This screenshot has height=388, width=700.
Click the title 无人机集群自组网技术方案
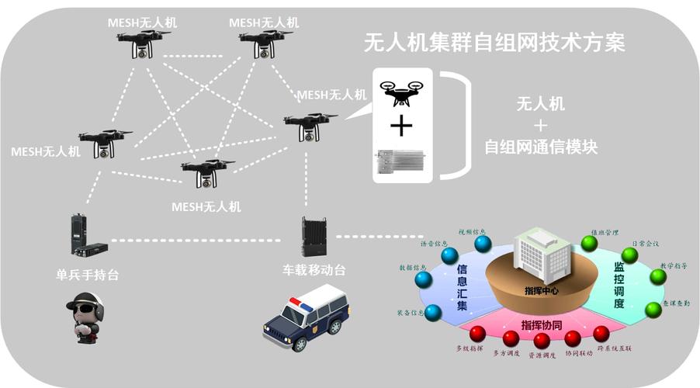pyautogui.click(x=494, y=43)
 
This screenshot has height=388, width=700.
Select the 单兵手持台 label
pyautogui.click(x=88, y=274)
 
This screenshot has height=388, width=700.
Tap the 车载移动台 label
pyautogui.click(x=314, y=270)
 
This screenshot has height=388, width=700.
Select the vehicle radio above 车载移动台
pyautogui.click(x=313, y=237)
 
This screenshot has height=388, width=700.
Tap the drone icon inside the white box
pyautogui.click(x=401, y=92)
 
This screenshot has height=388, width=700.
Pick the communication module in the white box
pyautogui.click(x=401, y=161)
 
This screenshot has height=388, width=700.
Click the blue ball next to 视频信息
pyautogui.click(x=483, y=244)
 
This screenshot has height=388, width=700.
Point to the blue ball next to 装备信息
pyautogui.click(x=433, y=313)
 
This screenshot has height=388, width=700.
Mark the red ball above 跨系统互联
pyautogui.click(x=601, y=334)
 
